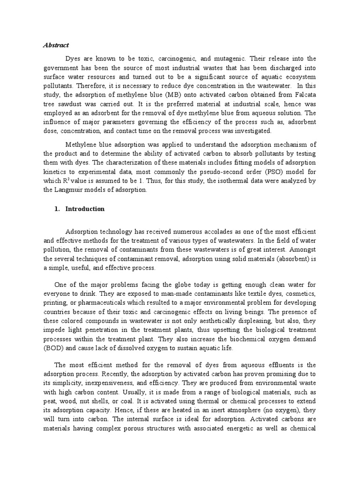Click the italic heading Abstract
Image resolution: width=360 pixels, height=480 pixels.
pos(56,45)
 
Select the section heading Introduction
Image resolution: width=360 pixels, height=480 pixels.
pos(85,209)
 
